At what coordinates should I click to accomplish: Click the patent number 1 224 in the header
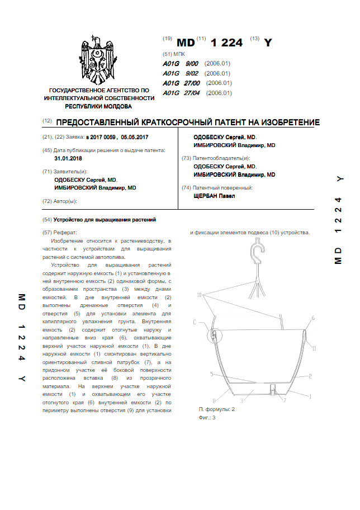pos(228,43)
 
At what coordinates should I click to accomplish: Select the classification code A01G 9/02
pos(181,73)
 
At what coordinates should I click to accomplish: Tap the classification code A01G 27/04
pos(181,93)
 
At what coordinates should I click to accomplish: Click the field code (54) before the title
pos(47,220)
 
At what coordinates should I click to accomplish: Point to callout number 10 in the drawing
pos(200,294)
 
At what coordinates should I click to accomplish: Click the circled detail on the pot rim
pos(214,336)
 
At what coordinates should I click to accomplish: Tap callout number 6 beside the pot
pos(313,318)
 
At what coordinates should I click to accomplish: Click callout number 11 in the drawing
pos(314,348)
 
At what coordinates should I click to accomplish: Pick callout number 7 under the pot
pos(285,400)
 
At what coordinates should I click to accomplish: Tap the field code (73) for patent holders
pos(187,158)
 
